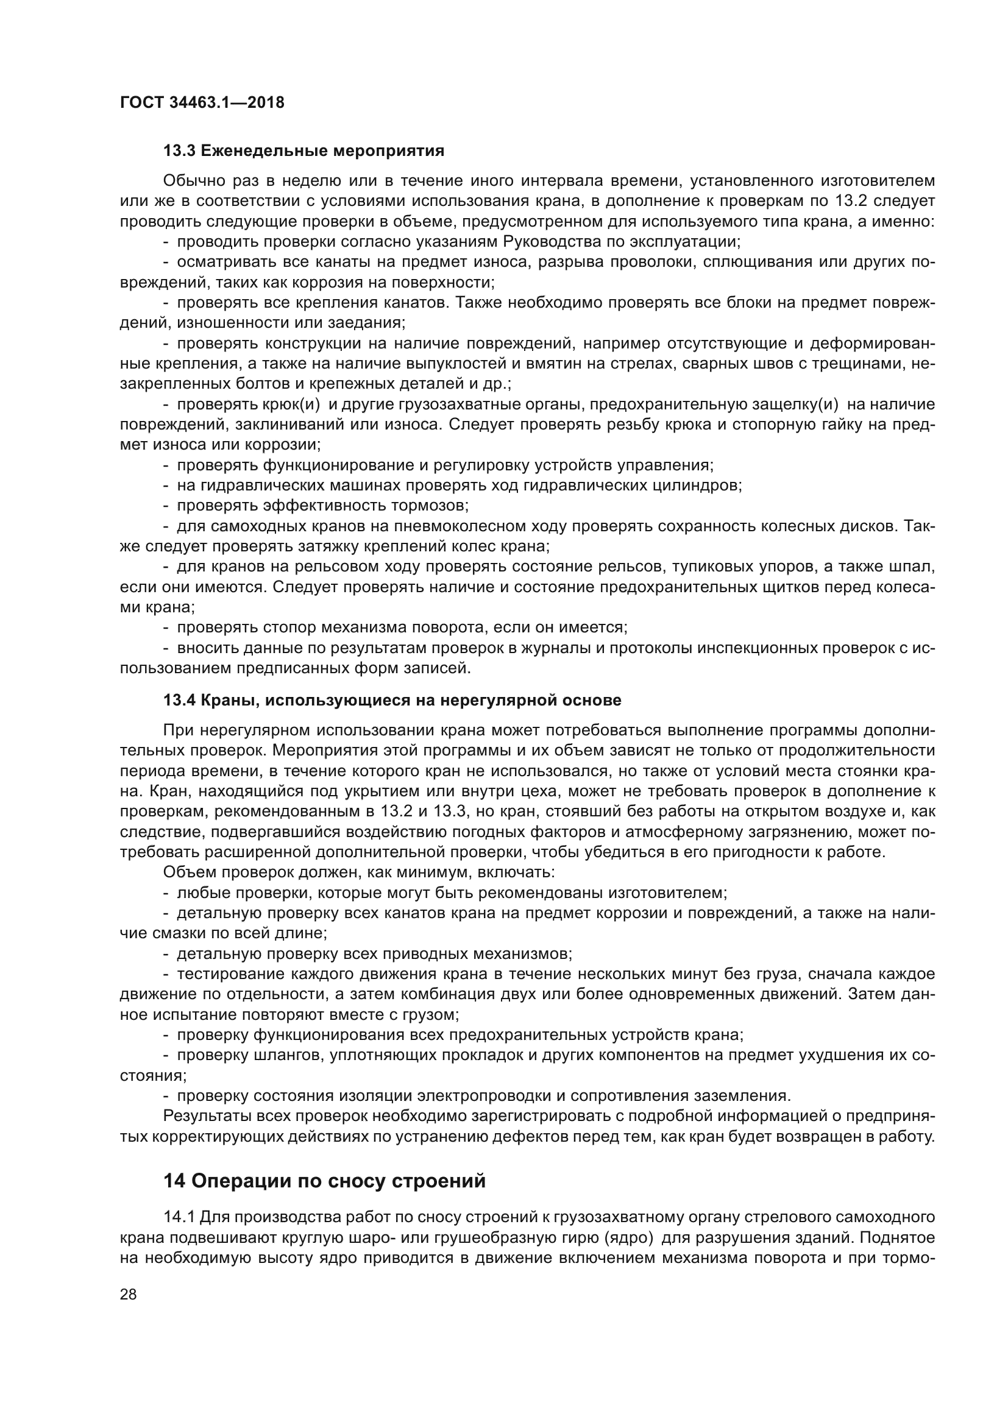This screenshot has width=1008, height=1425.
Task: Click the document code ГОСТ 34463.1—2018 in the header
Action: coord(202,102)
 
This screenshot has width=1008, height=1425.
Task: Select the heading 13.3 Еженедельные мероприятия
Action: coord(303,151)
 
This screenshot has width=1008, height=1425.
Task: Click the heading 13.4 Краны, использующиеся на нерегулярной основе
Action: coord(392,700)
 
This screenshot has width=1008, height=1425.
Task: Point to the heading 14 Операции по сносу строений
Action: coord(324,1181)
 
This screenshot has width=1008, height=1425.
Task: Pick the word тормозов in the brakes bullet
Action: coord(434,505)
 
